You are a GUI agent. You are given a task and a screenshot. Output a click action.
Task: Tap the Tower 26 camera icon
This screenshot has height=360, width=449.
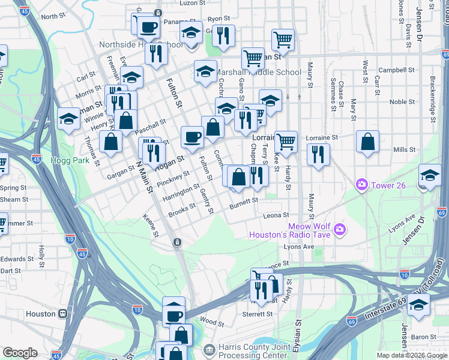(361, 185)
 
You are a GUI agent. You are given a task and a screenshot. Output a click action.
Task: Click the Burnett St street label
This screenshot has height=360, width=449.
(243, 203)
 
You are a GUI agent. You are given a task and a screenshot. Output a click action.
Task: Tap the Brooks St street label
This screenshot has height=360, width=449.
(182, 210)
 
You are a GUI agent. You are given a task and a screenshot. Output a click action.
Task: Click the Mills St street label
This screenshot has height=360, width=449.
(404, 149)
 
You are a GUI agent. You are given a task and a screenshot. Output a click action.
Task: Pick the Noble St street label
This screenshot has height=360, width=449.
(399, 102)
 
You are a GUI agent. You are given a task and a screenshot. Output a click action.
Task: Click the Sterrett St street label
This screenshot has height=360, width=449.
(258, 314)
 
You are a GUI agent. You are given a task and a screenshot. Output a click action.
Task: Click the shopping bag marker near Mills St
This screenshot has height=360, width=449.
(367, 143)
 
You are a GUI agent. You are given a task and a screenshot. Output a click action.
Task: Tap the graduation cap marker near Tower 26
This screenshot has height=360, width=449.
(430, 175)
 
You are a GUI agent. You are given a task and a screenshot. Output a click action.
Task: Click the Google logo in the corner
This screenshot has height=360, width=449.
(20, 352)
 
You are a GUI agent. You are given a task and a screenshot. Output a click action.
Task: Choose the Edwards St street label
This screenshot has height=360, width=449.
(13, 259)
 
